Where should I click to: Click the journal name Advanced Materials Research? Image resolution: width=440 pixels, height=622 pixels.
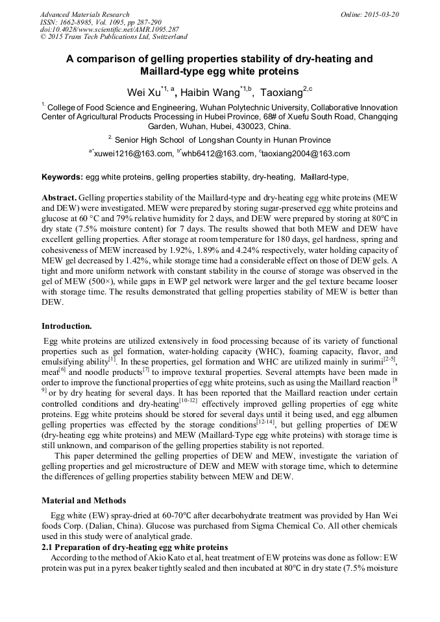pyautogui.click(x=84, y=14)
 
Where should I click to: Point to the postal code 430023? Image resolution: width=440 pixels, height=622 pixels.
pyautogui.click(x=255, y=126)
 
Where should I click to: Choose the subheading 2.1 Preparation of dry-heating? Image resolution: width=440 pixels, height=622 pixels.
pyautogui.click(x=134, y=547)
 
